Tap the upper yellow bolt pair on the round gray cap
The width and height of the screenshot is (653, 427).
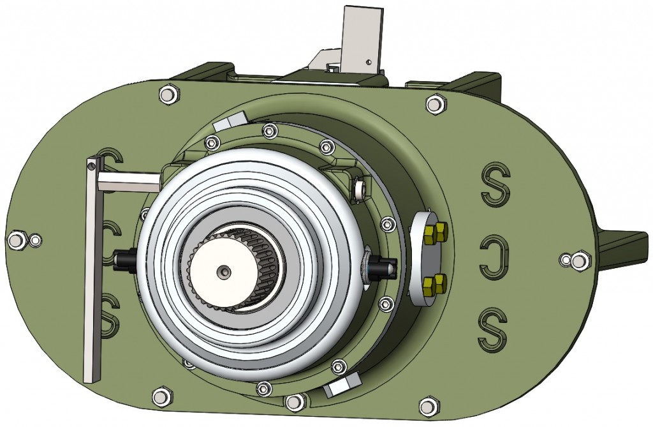[x=436, y=233]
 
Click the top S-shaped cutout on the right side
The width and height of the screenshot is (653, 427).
[x=496, y=184]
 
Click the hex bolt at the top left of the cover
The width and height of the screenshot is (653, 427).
[x=168, y=94]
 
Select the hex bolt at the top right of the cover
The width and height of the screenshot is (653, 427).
[x=436, y=104]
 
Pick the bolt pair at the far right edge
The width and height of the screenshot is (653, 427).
[x=573, y=260]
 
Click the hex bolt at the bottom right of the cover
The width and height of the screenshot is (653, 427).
[x=429, y=405]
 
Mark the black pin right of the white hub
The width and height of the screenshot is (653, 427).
[x=384, y=267]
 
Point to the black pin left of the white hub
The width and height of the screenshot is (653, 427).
[x=123, y=261]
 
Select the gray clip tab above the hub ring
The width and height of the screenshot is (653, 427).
[x=230, y=121]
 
